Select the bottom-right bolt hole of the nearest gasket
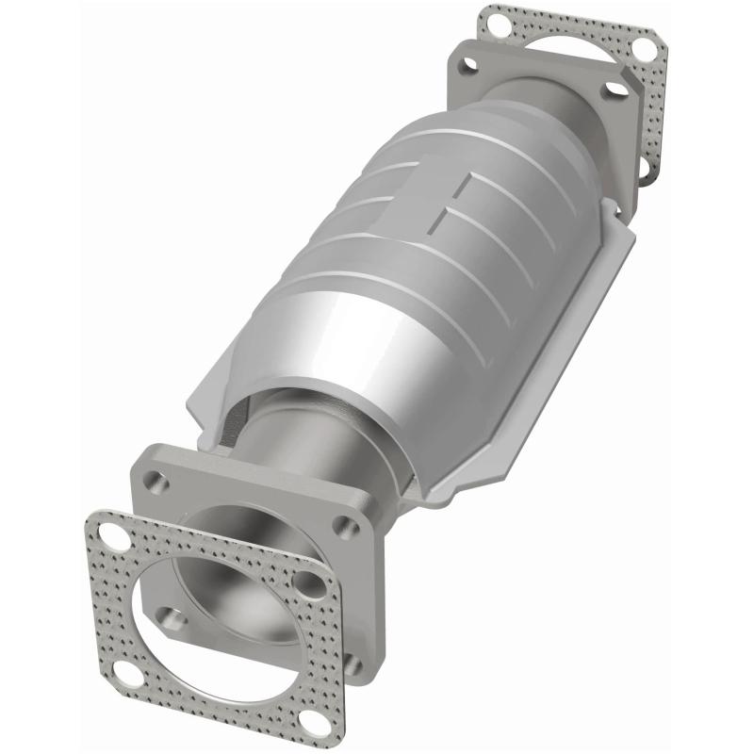click(x=351, y=665)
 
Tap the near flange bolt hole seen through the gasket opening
click(x=171, y=617)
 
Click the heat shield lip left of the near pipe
click(x=226, y=405)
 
